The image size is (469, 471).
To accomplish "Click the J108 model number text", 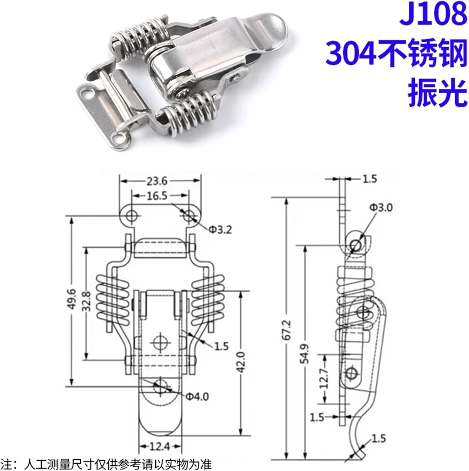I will click(432, 14).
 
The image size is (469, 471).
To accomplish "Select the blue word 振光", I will click(437, 93).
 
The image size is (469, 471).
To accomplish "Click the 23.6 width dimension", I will click(157, 181).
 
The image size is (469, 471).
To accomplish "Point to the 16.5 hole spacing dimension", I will click(157, 196).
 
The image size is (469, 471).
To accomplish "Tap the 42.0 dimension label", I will click(241, 362).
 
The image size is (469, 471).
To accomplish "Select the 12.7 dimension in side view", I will click(324, 379).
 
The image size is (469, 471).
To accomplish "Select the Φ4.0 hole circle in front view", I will click(160, 386).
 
